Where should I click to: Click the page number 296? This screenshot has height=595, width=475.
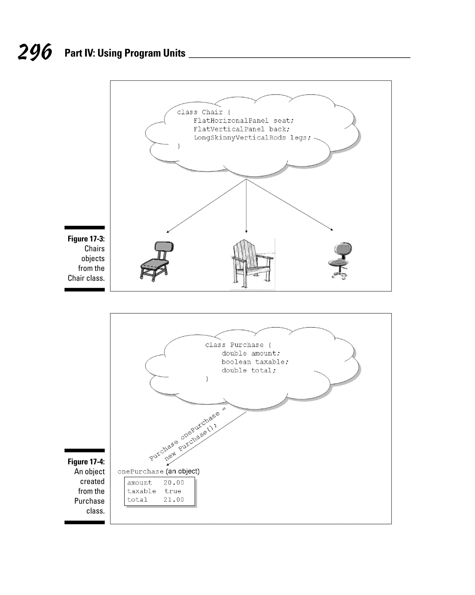pyautogui.click(x=35, y=52)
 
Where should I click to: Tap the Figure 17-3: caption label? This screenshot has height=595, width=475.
pyautogui.click(x=86, y=239)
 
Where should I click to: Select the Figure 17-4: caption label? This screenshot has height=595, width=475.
pyautogui.click(x=86, y=462)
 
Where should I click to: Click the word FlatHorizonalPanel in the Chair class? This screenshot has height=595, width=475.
pyautogui.click(x=231, y=121)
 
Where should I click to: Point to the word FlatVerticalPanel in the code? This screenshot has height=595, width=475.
pyautogui.click(x=229, y=129)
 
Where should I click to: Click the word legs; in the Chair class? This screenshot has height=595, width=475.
pyautogui.click(x=300, y=138)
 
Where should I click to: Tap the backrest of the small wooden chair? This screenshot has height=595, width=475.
pyautogui.click(x=164, y=246)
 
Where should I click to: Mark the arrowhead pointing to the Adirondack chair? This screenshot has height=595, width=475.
pyautogui.click(x=246, y=232)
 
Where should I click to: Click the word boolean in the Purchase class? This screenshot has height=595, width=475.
pyautogui.click(x=236, y=362)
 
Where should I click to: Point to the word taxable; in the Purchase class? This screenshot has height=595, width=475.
pyautogui.click(x=272, y=362)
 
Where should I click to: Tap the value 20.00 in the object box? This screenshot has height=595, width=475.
pyautogui.click(x=173, y=483)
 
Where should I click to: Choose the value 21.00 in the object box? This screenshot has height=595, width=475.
pyautogui.click(x=173, y=500)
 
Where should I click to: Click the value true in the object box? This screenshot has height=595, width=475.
pyautogui.click(x=173, y=491)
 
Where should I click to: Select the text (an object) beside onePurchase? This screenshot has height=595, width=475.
pyautogui.click(x=183, y=471)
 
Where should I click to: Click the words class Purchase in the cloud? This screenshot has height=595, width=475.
pyautogui.click(x=234, y=345)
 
